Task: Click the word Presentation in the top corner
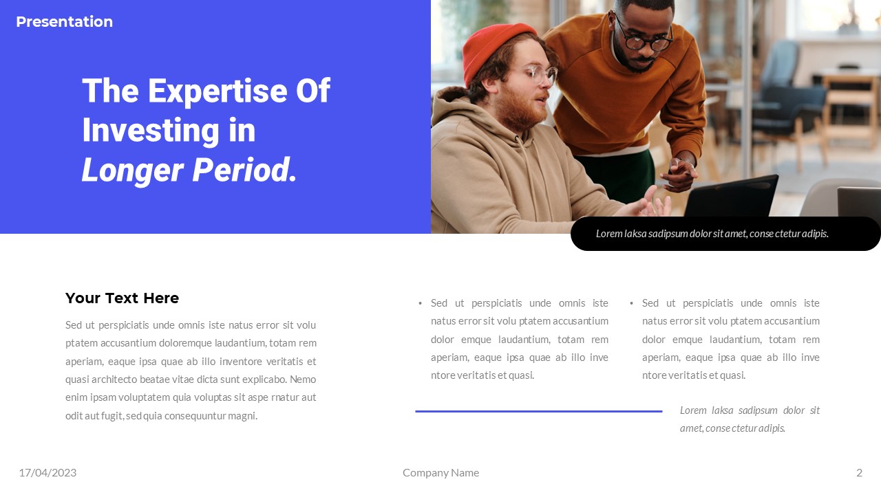coord(64,22)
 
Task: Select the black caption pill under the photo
coord(725,234)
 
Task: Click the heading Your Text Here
coord(122,298)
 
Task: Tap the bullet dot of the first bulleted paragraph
coord(421,303)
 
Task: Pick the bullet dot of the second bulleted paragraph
coord(631,303)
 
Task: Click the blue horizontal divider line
coord(538,411)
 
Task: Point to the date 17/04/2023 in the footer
coord(47,472)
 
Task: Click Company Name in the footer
coord(440,472)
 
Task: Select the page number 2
coord(859,472)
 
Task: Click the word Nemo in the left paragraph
coord(303,379)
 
